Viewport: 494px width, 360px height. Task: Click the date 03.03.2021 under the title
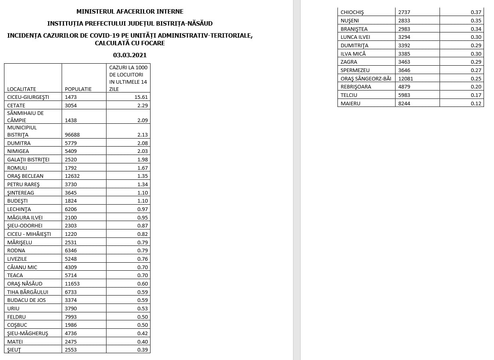click(x=130, y=55)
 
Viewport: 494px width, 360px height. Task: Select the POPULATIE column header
click(x=78, y=89)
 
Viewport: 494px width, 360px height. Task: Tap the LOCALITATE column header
click(x=22, y=89)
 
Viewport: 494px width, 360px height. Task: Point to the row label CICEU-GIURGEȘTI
click(x=28, y=97)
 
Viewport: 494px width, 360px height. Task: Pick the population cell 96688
click(x=72, y=135)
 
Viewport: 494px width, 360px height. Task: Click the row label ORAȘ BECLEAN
click(x=25, y=176)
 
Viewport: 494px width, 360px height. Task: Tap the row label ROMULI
click(x=17, y=168)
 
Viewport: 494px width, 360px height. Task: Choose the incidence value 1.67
click(x=143, y=168)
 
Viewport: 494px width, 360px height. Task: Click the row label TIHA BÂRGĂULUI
click(x=28, y=292)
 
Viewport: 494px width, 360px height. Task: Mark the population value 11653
click(x=72, y=284)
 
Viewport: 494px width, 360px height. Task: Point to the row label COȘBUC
click(x=17, y=325)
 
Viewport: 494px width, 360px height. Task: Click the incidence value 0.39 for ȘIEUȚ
click(x=143, y=350)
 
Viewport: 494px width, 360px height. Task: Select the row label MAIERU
click(x=350, y=103)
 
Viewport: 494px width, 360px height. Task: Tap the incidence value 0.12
click(x=476, y=103)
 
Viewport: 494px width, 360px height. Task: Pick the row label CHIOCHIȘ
click(x=352, y=12)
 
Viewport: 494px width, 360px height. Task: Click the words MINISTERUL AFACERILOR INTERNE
click(x=130, y=12)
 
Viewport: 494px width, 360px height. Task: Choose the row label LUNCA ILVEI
click(x=355, y=37)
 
